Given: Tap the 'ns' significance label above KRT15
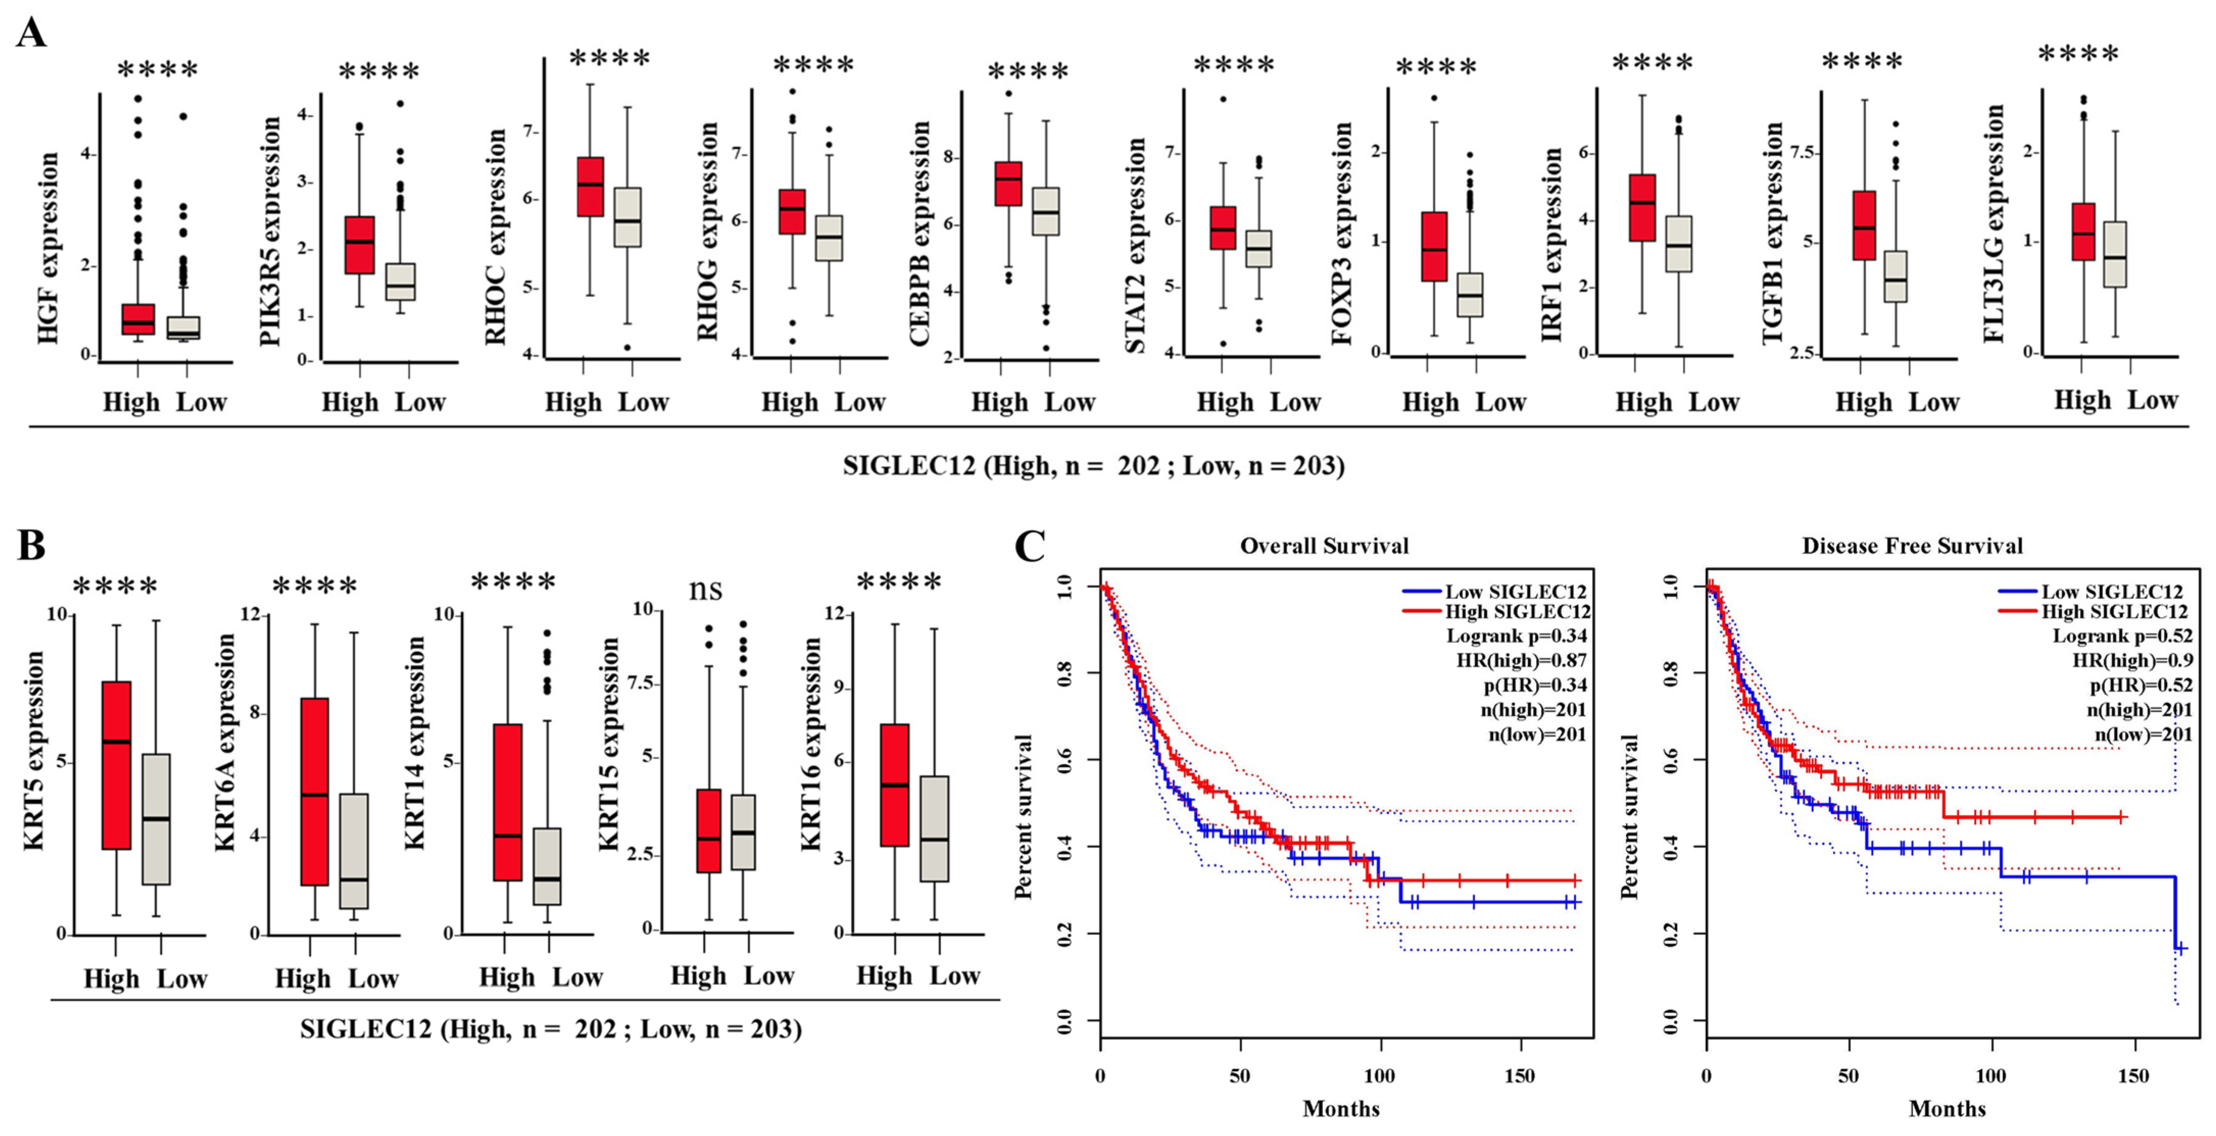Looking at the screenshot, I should [705, 589].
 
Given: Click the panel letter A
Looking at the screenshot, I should [31, 34].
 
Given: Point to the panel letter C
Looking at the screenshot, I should [1030, 545].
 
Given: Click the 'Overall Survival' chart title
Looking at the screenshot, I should [1324, 546].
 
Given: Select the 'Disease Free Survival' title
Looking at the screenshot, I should [1912, 546].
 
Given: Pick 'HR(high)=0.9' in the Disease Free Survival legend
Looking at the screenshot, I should [2132, 660].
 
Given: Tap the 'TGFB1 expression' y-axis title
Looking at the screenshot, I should [1772, 232].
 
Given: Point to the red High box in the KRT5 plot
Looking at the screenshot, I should [116, 765].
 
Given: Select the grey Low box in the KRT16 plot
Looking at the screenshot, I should [934, 829].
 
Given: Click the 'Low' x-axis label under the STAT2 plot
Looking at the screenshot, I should [1295, 403].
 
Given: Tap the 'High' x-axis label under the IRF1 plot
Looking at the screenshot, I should [1643, 403].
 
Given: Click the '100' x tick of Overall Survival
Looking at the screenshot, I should [1380, 1076].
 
